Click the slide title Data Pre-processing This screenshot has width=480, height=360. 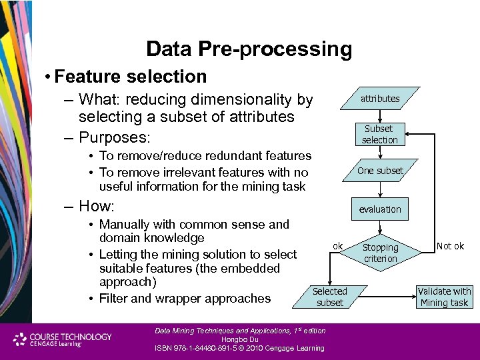pyautogui.click(x=248, y=49)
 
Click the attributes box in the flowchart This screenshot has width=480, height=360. pyautogui.click(x=380, y=99)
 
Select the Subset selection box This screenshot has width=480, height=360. pyautogui.click(x=379, y=134)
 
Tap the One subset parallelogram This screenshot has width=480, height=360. pyautogui.click(x=380, y=171)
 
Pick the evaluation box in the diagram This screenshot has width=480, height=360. pyautogui.click(x=380, y=209)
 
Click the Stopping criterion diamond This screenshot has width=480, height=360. pyautogui.click(x=380, y=253)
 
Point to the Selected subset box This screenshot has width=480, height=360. pyautogui.click(x=329, y=297)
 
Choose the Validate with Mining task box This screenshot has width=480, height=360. pyautogui.click(x=444, y=297)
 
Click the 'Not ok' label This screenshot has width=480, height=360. pyautogui.click(x=450, y=246)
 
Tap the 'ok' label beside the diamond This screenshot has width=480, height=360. pyautogui.click(x=338, y=246)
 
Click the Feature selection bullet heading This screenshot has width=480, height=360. pyautogui.click(x=131, y=77)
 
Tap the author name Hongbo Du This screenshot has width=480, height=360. pyautogui.click(x=239, y=339)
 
